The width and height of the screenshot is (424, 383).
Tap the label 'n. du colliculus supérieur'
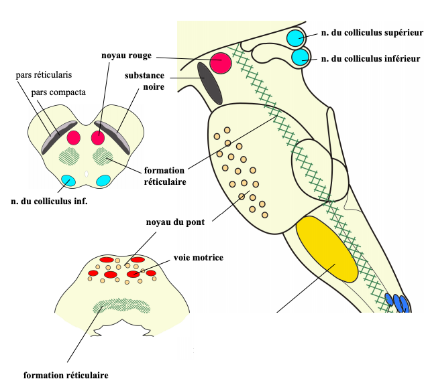point(372,31)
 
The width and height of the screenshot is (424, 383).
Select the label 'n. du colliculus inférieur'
point(371,59)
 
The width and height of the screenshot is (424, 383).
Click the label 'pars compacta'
point(58,92)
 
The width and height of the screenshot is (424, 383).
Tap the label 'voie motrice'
point(198,257)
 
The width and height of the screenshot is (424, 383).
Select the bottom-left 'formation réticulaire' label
point(66,375)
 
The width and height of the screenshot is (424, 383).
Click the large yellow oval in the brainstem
point(327,249)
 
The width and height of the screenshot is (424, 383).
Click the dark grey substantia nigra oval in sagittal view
point(209,82)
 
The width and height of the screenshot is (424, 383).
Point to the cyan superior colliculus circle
point(295,37)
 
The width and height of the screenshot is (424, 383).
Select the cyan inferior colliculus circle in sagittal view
point(300,58)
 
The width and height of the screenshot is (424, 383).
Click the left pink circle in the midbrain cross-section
point(74,138)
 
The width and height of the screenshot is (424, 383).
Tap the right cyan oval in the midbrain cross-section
point(103,180)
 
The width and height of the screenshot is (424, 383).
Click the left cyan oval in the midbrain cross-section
point(68,179)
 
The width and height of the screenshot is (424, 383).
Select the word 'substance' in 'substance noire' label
point(146,76)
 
